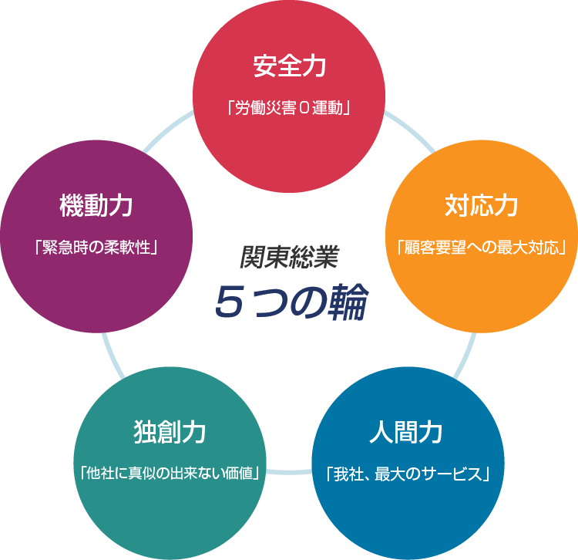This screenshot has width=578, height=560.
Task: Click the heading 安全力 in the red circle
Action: (289, 67)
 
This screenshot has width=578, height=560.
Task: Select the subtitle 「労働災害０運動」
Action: (289, 106)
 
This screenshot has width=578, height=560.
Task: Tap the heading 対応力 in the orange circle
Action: (481, 207)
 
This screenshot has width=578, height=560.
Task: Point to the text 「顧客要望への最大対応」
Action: (481, 248)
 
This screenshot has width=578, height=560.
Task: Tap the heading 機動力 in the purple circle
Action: (96, 207)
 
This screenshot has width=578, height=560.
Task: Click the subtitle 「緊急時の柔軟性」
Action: (96, 248)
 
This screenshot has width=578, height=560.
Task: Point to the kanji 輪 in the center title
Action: (344, 302)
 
